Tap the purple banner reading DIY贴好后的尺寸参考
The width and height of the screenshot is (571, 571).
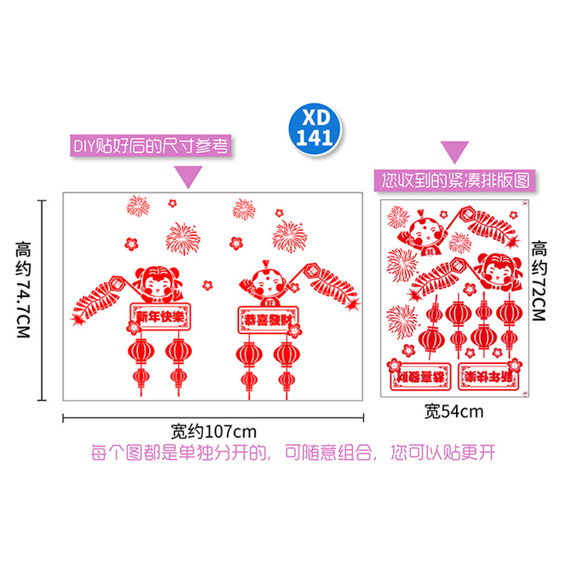click(151, 146)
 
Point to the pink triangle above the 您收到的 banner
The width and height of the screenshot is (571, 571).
click(454, 152)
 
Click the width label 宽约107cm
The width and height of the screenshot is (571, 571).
click(213, 432)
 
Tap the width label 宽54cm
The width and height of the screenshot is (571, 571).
click(454, 411)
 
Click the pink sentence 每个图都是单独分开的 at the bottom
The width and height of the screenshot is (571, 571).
click(293, 453)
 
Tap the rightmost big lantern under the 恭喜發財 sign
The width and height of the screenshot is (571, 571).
click(287, 353)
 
